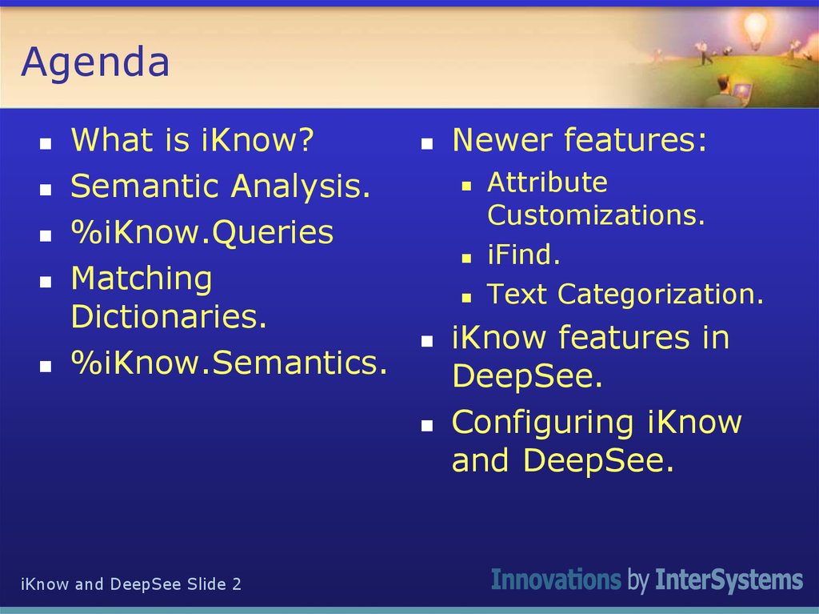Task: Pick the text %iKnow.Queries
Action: pyautogui.click(x=202, y=232)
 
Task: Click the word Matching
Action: pyautogui.click(x=142, y=279)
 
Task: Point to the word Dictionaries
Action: pyautogui.click(x=169, y=316)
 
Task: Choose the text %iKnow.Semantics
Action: pyautogui.click(x=230, y=363)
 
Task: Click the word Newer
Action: pyautogui.click(x=502, y=140)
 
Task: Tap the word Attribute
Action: pyautogui.click(x=547, y=183)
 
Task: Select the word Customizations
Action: pyautogui.click(x=596, y=215)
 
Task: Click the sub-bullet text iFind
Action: pyautogui.click(x=523, y=255)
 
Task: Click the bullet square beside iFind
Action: pyautogui.click(x=466, y=258)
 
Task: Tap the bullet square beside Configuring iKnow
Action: pyautogui.click(x=427, y=426)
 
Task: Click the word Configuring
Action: pyautogui.click(x=542, y=423)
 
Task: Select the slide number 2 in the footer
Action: pyautogui.click(x=237, y=584)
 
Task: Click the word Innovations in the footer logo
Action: pyautogui.click(x=556, y=580)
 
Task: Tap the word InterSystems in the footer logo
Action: pyautogui.click(x=729, y=580)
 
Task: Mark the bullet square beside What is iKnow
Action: pyautogui.click(x=46, y=143)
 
